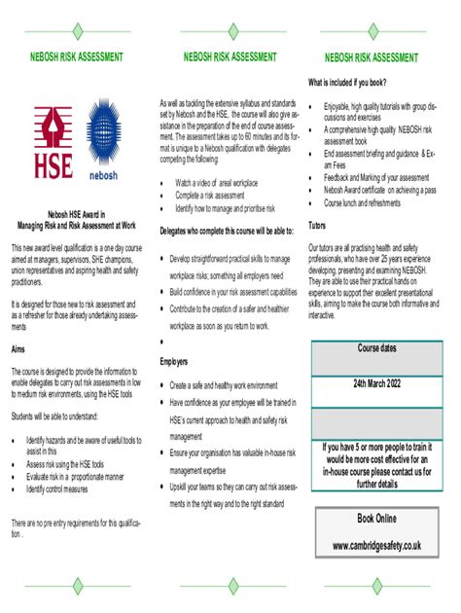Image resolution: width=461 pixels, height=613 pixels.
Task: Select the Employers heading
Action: coord(174,362)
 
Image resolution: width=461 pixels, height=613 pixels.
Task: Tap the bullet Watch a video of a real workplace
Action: coord(216,183)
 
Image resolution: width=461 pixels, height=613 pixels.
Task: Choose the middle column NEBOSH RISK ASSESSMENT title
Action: coord(230,57)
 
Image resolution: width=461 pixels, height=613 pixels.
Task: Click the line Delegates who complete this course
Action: coord(227,231)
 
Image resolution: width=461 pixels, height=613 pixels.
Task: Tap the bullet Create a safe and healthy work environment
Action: coord(224,385)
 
